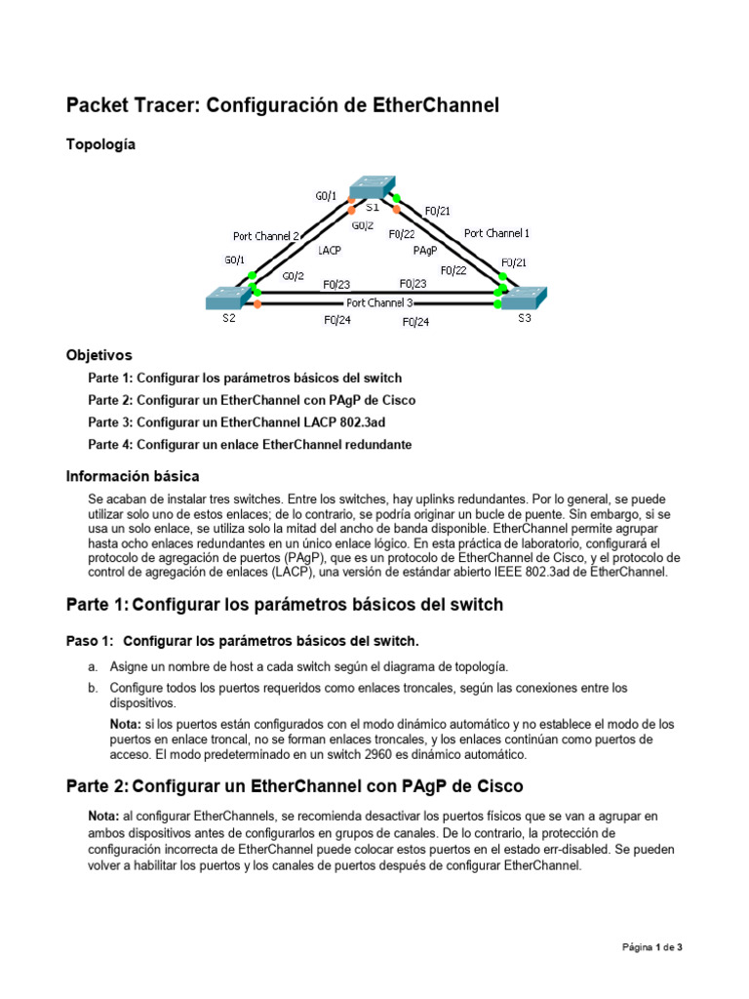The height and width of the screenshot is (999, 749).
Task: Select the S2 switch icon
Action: [229, 298]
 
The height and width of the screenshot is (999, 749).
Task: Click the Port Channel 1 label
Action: [496, 233]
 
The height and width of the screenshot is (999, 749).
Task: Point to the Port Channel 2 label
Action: [266, 236]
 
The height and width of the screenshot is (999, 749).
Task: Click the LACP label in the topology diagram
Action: [330, 251]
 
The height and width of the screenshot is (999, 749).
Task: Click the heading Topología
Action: [100, 144]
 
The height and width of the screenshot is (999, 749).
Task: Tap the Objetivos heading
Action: [99, 355]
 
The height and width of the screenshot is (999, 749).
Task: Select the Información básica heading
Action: [133, 476]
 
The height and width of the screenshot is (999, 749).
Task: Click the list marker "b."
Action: [93, 688]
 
